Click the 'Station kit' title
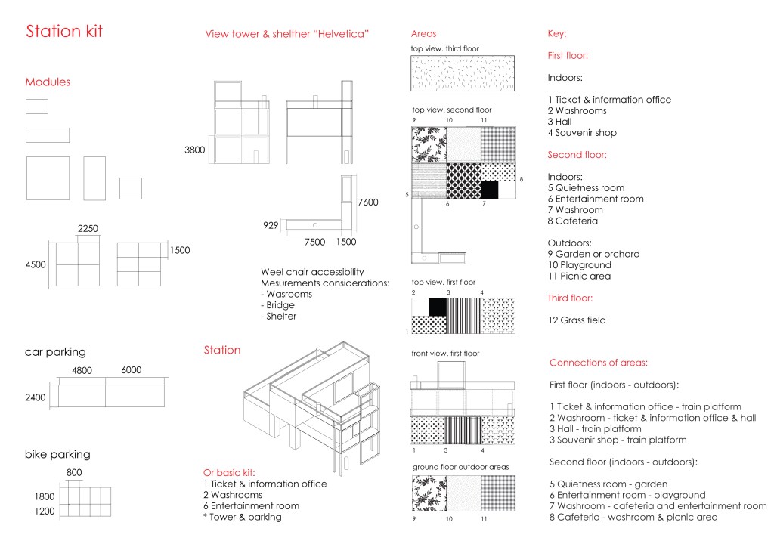64,32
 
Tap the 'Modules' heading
48,82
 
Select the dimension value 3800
194,150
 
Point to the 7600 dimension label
368,202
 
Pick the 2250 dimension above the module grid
88,229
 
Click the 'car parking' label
55,352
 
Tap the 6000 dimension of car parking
132,370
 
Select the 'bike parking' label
57,455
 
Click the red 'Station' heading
222,351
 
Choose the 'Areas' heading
423,34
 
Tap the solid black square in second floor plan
490,190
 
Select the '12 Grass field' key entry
577,320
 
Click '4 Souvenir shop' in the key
582,133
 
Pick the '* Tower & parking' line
242,517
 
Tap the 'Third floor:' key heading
571,298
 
